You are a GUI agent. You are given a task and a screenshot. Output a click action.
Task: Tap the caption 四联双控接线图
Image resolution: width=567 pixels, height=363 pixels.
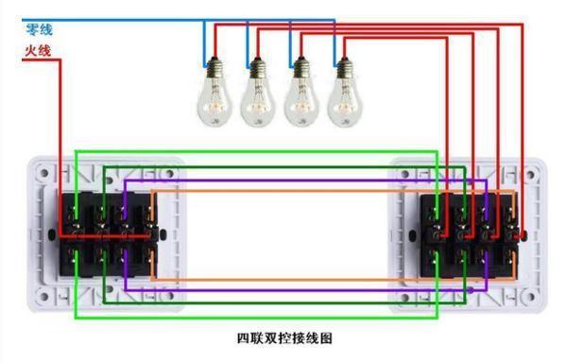pos(283,337)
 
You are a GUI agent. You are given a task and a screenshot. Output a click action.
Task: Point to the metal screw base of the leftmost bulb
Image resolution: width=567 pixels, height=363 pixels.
pos(215,67)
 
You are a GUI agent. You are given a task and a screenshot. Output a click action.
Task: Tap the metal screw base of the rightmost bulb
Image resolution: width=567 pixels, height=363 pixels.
pos(345,67)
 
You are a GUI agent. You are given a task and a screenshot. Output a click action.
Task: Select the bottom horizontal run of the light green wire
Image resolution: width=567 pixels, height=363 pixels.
pos(255,317)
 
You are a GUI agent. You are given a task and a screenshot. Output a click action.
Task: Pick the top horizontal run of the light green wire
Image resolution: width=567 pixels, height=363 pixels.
pos(255,151)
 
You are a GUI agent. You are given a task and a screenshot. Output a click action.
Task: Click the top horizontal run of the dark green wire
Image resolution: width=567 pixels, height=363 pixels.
pos(283,166)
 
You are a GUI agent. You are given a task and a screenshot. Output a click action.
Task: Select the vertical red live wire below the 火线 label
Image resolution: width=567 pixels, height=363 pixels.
pos(61,142)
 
